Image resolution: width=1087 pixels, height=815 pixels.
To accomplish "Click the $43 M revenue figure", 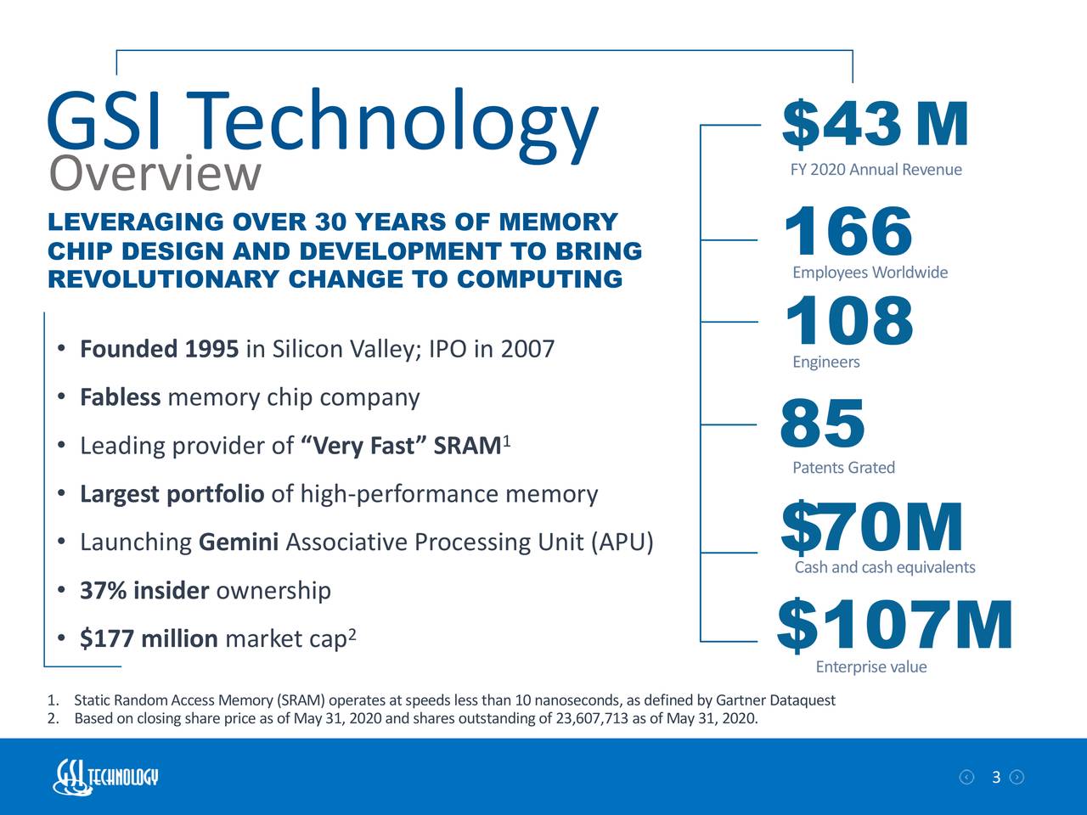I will click(874, 125).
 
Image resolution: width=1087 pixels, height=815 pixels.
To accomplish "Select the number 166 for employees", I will click(848, 231).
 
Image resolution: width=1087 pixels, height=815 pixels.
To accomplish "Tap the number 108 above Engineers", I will click(848, 322).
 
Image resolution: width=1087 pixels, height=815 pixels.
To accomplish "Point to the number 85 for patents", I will click(822, 424).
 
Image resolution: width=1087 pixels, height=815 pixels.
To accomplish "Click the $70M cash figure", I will click(871, 528).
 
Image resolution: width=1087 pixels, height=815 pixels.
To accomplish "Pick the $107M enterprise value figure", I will click(894, 627).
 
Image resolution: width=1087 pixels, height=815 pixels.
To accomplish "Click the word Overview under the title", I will click(155, 173).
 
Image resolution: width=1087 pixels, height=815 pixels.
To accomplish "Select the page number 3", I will click(995, 778).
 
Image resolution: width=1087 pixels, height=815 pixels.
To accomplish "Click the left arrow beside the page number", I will click(966, 778).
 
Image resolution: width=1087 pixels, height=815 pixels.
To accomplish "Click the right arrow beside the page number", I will click(1017, 778).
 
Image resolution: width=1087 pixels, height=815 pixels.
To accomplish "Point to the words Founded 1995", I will click(159, 349).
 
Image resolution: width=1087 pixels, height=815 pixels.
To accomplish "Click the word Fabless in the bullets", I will click(120, 397).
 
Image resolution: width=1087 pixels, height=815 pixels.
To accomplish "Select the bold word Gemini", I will click(239, 542).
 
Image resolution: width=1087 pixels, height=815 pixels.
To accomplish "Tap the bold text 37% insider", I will click(144, 590).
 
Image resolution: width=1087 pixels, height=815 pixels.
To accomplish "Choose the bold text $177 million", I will click(149, 638).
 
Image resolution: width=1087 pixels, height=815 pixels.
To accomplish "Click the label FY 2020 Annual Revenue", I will click(876, 170).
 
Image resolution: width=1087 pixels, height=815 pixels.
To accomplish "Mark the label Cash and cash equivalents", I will click(884, 567).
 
